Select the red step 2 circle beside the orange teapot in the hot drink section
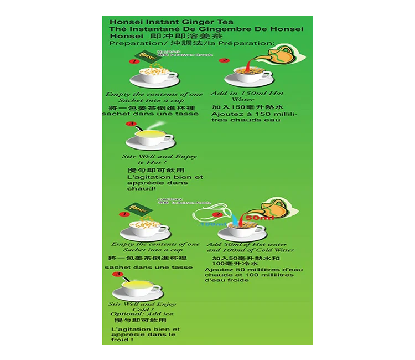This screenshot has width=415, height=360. pos(224,61)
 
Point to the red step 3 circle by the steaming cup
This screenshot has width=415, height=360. pos(131,124)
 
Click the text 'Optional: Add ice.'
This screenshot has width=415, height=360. pos(142,314)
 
